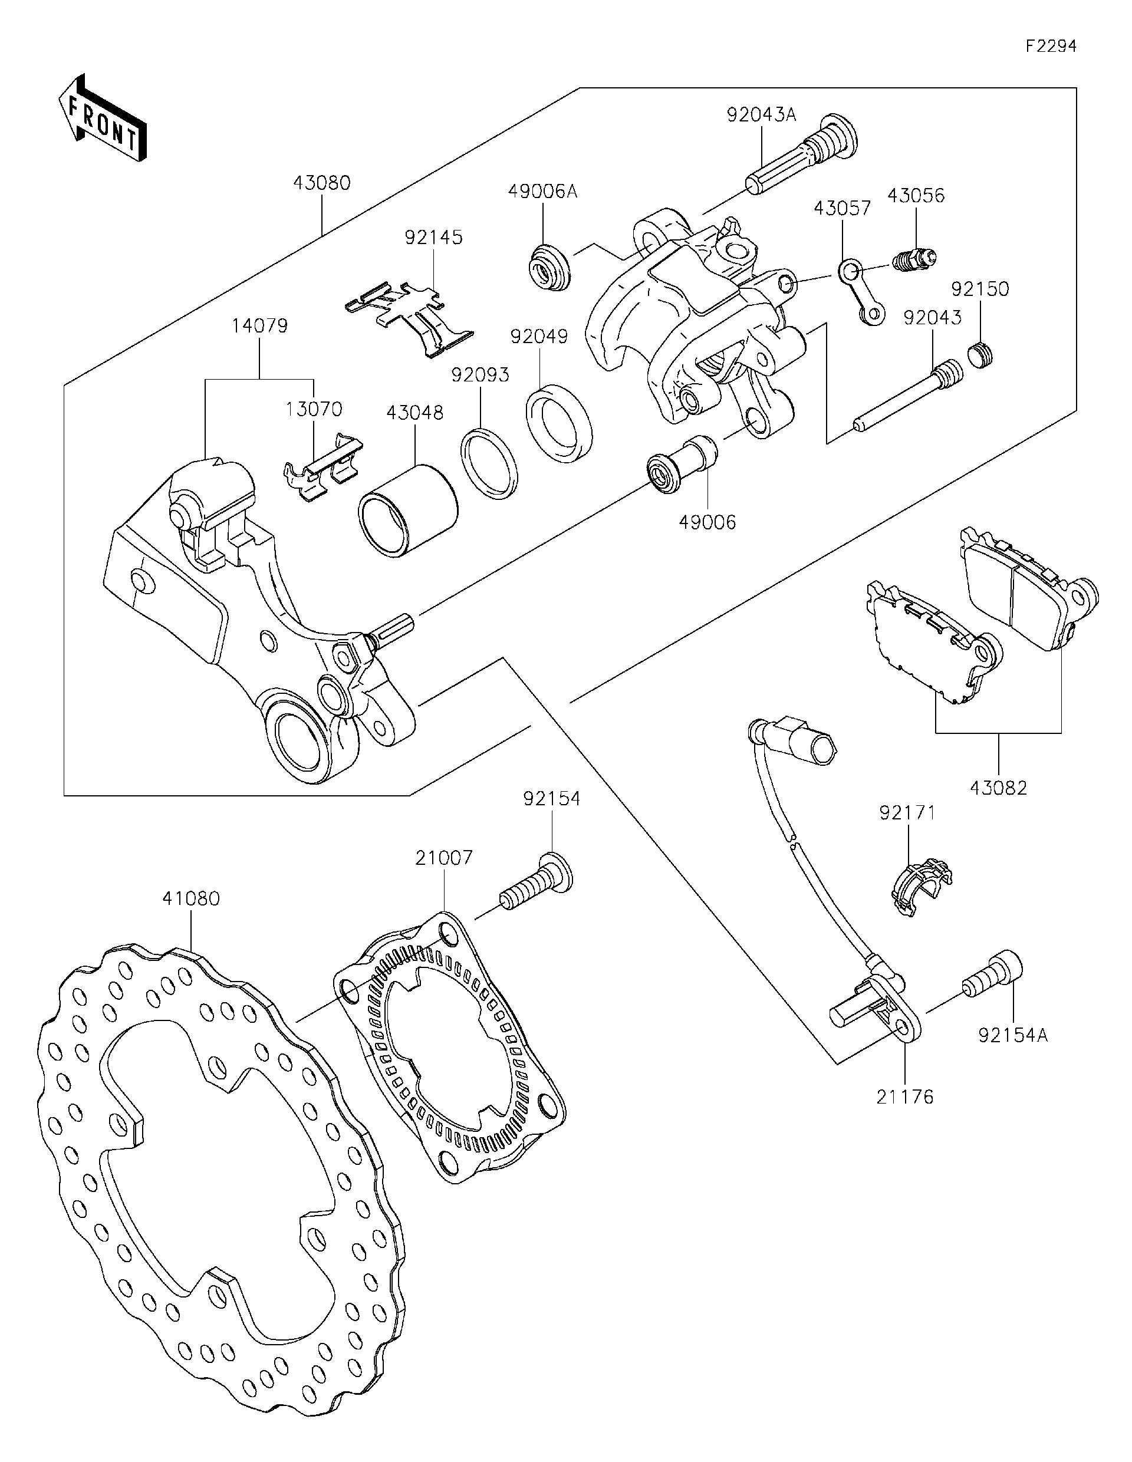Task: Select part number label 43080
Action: tap(321, 183)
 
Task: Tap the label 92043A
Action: tap(761, 114)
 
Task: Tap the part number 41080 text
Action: tap(191, 898)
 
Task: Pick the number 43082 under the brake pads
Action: tap(998, 788)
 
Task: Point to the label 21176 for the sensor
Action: tap(904, 1097)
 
